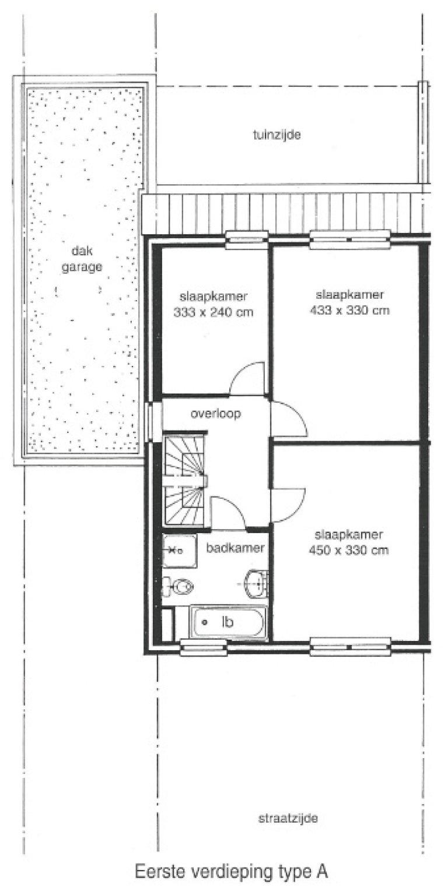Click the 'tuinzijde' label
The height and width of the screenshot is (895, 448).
click(276, 135)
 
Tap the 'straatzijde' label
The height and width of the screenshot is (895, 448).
click(288, 818)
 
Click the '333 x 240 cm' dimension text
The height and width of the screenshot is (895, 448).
click(214, 312)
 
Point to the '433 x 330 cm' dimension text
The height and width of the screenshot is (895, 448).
click(350, 311)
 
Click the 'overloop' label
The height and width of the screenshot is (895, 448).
click(216, 414)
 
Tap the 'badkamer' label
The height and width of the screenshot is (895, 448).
click(236, 548)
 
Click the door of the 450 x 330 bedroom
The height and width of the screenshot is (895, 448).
click(288, 503)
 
